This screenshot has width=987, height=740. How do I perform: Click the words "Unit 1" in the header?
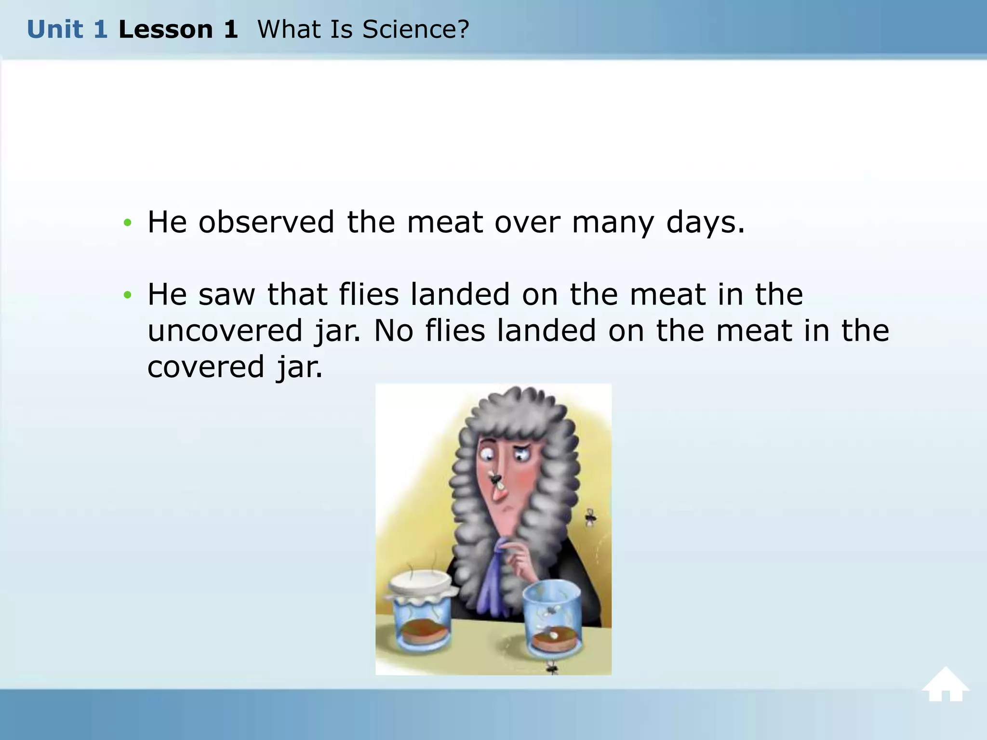coord(67,30)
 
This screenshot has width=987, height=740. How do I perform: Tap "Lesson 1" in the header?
coord(178,30)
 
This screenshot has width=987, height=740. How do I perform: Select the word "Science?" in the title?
coord(415,30)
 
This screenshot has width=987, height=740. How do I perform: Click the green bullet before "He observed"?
coord(127,223)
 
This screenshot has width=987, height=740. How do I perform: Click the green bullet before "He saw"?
coord(127,295)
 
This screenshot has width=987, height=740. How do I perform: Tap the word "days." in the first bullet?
coord(706,223)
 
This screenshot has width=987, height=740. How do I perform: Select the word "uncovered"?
coord(225,331)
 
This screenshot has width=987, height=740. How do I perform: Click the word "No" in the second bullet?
coord(393,331)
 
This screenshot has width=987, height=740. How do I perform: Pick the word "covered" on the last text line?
coord(206,367)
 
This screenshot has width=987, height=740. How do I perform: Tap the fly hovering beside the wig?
coord(590,518)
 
